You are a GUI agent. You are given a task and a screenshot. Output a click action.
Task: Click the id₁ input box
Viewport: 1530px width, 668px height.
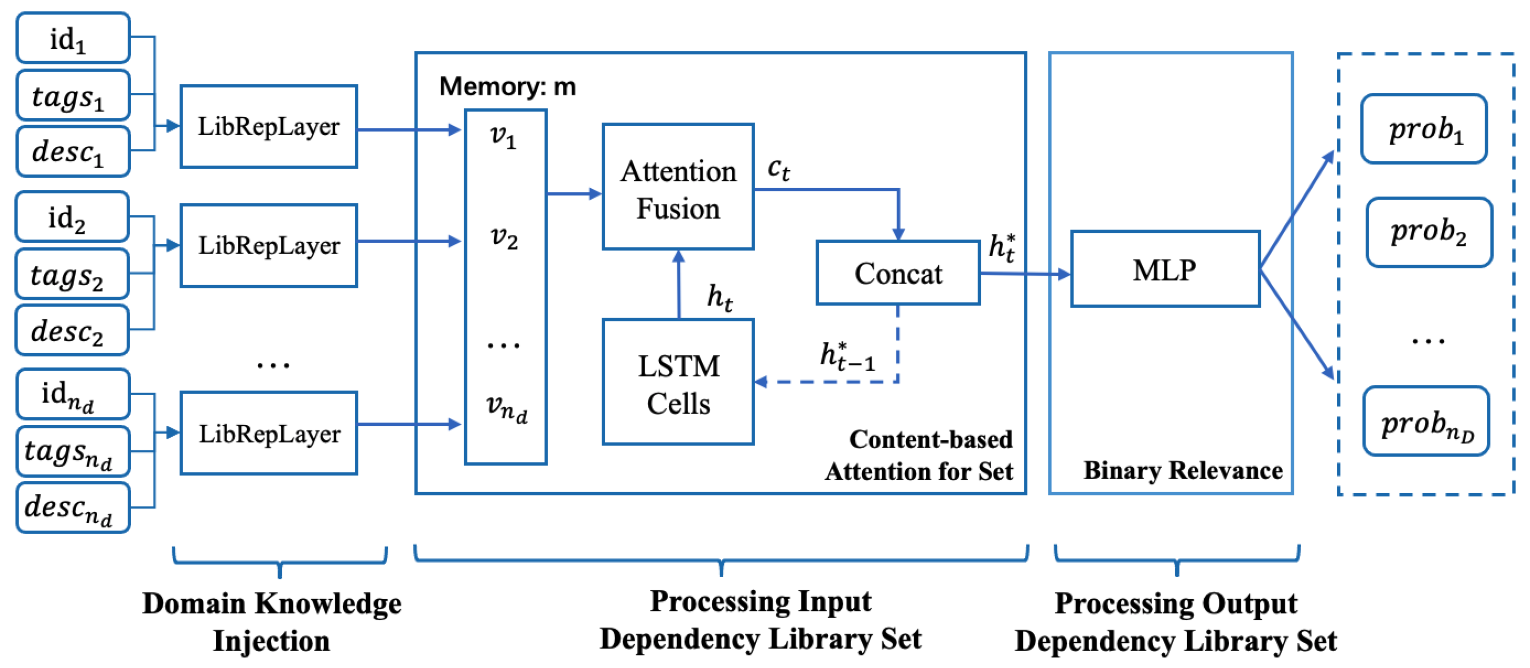73,38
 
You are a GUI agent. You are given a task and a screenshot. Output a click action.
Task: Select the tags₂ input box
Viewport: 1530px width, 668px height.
71,274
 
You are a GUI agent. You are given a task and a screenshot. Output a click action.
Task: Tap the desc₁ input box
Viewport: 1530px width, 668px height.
73,151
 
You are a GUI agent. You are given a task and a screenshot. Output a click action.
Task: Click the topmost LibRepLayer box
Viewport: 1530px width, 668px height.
269,127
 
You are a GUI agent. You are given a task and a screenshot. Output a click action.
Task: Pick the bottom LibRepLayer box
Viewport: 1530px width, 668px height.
269,433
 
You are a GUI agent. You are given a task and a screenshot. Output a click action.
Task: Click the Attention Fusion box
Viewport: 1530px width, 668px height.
678,187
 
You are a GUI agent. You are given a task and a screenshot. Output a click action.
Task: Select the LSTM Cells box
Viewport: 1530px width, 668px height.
678,382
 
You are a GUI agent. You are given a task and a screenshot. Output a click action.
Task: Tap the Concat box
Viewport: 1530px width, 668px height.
897,273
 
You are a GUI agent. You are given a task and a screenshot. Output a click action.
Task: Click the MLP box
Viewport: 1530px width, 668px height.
1165,270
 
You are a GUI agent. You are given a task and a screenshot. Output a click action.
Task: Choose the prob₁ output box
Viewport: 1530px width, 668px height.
1423,129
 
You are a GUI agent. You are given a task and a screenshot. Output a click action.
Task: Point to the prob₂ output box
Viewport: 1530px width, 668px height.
1428,232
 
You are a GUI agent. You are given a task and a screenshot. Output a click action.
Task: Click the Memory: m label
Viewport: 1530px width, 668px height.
507,87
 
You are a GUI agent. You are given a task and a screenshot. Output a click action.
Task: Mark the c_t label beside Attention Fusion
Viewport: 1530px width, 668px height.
778,169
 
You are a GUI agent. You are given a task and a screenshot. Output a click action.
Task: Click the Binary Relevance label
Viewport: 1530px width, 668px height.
1182,470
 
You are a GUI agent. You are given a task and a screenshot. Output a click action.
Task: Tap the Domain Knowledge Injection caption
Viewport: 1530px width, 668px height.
272,621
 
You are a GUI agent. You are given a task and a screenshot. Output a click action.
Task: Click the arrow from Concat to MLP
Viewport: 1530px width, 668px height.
1024,274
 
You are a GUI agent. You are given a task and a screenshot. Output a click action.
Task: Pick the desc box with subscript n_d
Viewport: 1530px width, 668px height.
73,508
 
